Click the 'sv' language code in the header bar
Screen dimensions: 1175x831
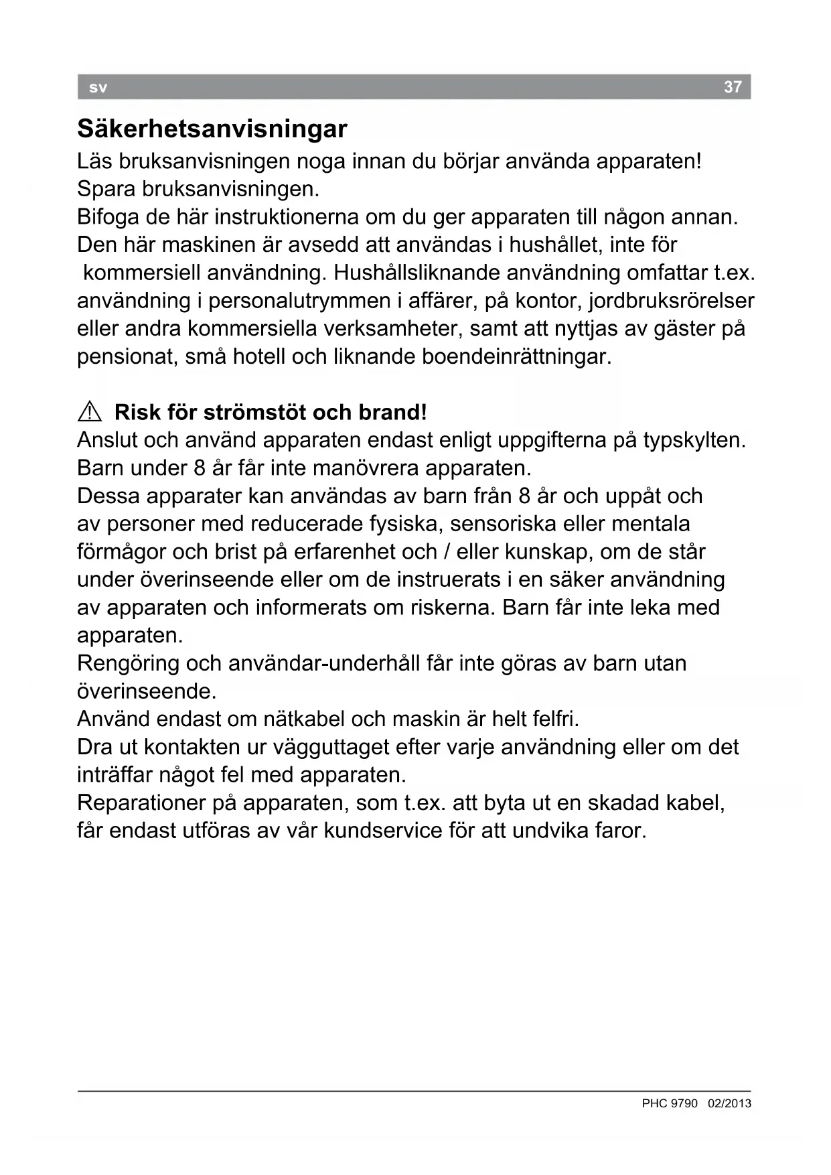[x=98, y=88]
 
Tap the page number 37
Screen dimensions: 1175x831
[x=733, y=87]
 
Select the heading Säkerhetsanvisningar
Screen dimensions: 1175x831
[x=212, y=129]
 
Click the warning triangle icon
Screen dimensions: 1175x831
[x=89, y=412]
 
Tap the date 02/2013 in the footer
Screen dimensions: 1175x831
[x=729, y=1103]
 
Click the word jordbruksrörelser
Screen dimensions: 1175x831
[x=672, y=301]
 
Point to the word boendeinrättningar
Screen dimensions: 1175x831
[x=516, y=356]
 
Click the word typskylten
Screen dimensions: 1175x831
[x=694, y=441]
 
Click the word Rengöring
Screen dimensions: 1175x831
[x=128, y=664]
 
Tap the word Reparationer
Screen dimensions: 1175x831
[x=141, y=803]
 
